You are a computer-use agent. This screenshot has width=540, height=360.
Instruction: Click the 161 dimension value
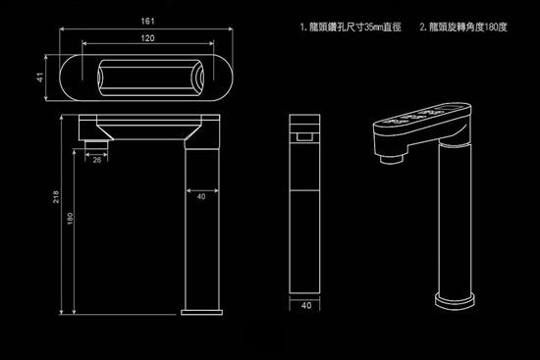(x=145, y=20)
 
